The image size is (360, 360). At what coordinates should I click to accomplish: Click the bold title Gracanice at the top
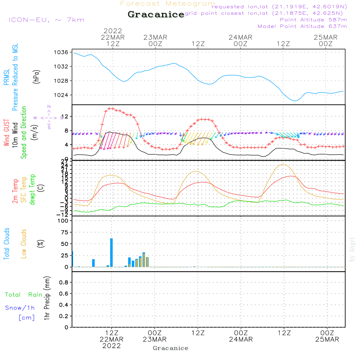pos(156,15)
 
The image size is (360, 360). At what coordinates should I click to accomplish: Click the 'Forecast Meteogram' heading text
pos(167,4)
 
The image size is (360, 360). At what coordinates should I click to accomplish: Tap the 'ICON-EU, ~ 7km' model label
pos(46,20)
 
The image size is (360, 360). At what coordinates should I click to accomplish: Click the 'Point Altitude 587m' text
pos(313,20)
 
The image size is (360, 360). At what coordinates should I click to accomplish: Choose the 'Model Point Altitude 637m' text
pos(302,26)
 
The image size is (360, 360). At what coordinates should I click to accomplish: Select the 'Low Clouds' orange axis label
pos(24,244)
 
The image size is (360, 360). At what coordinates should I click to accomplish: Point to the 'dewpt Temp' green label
pos(32,190)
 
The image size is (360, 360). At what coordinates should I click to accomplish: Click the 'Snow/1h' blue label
pos(20,308)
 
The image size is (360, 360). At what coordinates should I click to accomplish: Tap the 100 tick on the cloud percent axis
pos(63,221)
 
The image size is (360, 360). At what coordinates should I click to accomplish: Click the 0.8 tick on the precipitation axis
pos(63,282)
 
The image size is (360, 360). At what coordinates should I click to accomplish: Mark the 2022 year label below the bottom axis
pos(112,346)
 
